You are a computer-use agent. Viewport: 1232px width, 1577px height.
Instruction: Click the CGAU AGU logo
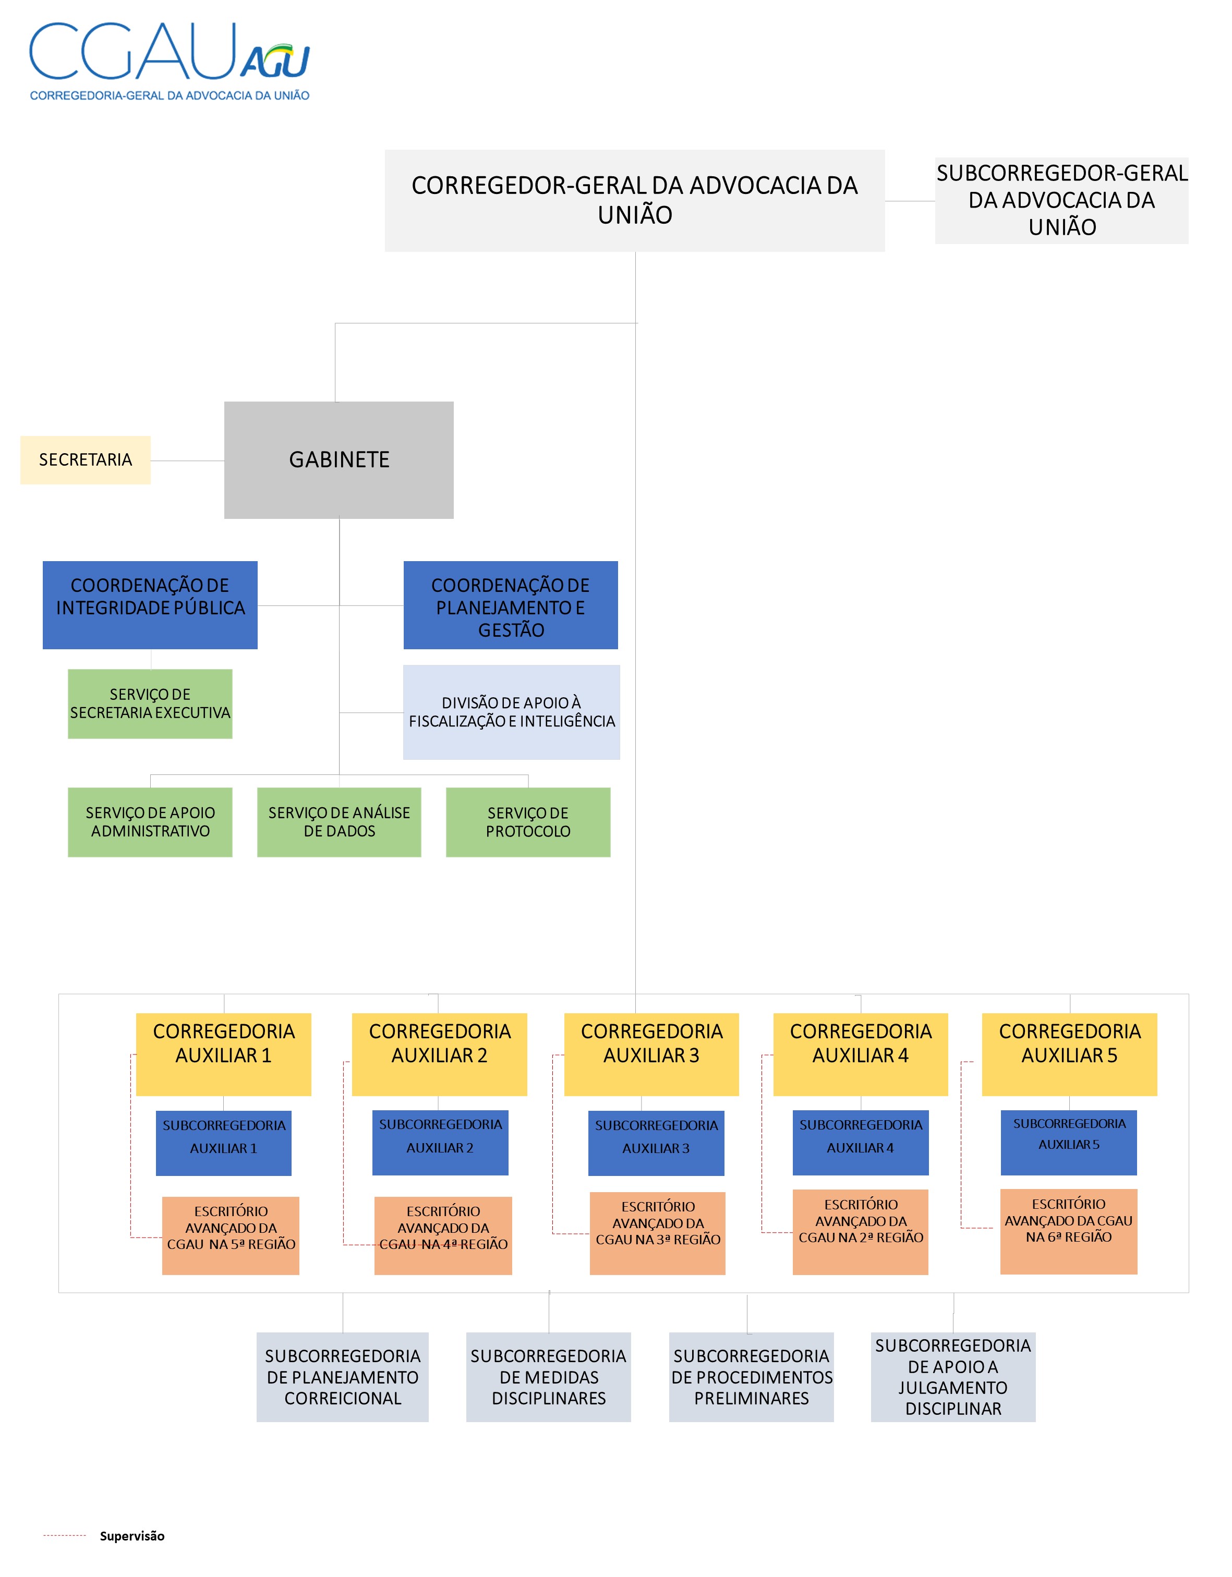169,60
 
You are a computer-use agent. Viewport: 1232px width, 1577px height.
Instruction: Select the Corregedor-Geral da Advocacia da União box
634,200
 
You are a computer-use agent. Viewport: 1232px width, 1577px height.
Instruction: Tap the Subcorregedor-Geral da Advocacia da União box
1061,200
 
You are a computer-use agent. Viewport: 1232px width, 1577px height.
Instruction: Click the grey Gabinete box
339,460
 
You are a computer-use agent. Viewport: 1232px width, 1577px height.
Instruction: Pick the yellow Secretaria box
85,460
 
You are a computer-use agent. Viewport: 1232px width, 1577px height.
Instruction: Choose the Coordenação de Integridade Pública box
150,604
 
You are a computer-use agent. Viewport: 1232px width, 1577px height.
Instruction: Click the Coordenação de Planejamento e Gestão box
511,605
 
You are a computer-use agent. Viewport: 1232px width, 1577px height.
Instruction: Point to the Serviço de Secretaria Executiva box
150,703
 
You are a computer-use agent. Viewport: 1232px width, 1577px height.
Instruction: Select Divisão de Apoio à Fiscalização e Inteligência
511,712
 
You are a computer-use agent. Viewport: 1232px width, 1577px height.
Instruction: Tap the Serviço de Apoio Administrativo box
150,822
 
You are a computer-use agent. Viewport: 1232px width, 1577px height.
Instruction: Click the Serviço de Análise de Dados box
339,822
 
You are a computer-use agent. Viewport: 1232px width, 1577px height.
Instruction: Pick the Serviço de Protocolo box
528,822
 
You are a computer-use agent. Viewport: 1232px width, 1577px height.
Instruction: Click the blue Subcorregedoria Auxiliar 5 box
1069,1142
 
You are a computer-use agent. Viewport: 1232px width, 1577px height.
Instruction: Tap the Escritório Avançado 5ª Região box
231,1235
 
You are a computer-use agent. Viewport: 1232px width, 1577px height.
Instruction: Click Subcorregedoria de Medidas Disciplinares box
548,1376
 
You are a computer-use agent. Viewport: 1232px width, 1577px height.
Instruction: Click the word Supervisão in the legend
132,1536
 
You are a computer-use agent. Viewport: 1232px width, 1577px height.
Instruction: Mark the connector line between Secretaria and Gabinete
187,460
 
